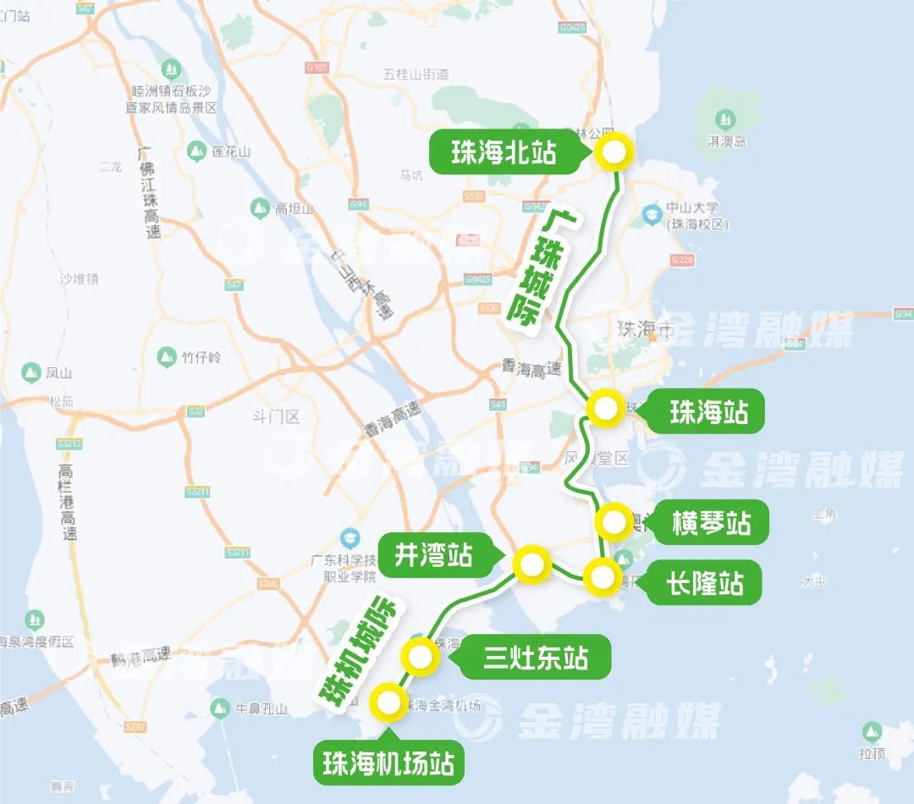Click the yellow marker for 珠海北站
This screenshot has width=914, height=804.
[614, 153]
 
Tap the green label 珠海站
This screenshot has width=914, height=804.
[708, 413]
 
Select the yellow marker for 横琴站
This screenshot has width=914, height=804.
[613, 522]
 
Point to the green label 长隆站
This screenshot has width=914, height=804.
[704, 582]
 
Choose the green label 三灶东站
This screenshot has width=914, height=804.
[536, 657]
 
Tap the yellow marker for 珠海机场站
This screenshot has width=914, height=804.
[389, 701]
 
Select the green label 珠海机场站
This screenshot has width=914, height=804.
[388, 764]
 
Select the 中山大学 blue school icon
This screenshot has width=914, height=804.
[651, 214]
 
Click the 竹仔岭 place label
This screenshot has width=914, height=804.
[201, 357]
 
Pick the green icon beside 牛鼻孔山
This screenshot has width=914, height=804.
[220, 708]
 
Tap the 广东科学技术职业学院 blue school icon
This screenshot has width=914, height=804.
[348, 537]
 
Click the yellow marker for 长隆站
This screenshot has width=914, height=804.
[603, 578]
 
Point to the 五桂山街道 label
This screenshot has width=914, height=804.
[416, 74]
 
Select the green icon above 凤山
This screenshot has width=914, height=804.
[30, 372]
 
